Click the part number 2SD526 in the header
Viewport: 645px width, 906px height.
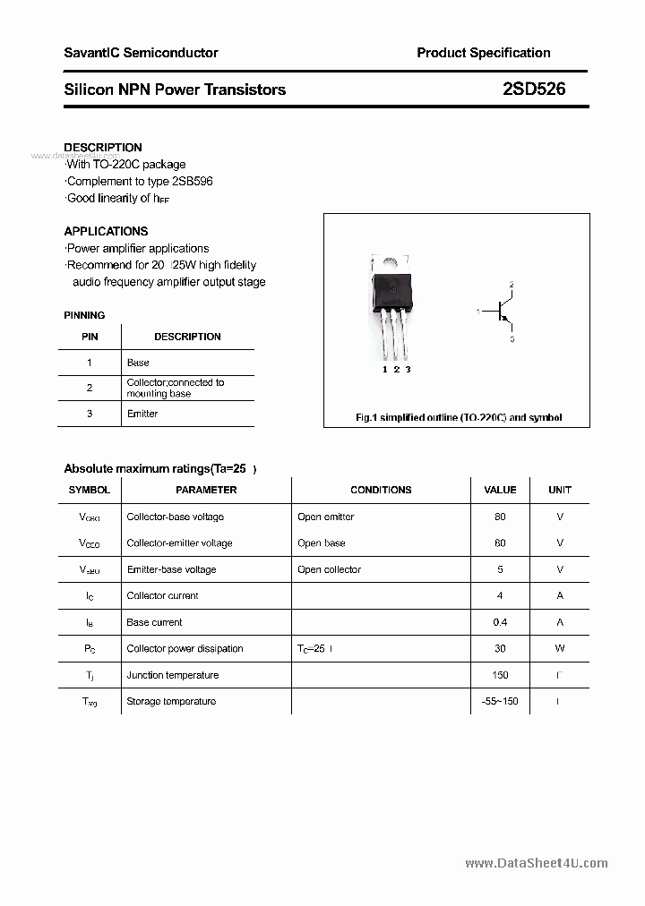[x=534, y=90]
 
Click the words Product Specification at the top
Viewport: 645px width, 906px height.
[x=484, y=53]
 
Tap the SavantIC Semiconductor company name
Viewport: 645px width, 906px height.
[x=141, y=53]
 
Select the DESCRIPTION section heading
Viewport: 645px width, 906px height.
[x=103, y=147]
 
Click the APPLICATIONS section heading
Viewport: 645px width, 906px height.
[x=106, y=231]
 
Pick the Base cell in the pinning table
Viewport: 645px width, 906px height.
[x=138, y=363]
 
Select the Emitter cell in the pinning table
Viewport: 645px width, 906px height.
[x=142, y=414]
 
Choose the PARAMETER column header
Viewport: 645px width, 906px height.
[x=206, y=490]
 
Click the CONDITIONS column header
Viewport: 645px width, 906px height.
[x=381, y=490]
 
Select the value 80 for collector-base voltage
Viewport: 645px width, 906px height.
[x=500, y=517]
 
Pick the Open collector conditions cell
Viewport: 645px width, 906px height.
[x=330, y=569]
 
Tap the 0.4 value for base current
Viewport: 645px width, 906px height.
[x=500, y=622]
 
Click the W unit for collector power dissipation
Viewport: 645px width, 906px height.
[x=560, y=648]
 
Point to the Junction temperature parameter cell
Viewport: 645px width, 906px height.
[x=170, y=675]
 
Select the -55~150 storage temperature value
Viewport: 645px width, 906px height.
[x=500, y=701]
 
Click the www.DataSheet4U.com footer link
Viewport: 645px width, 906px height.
[x=537, y=863]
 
